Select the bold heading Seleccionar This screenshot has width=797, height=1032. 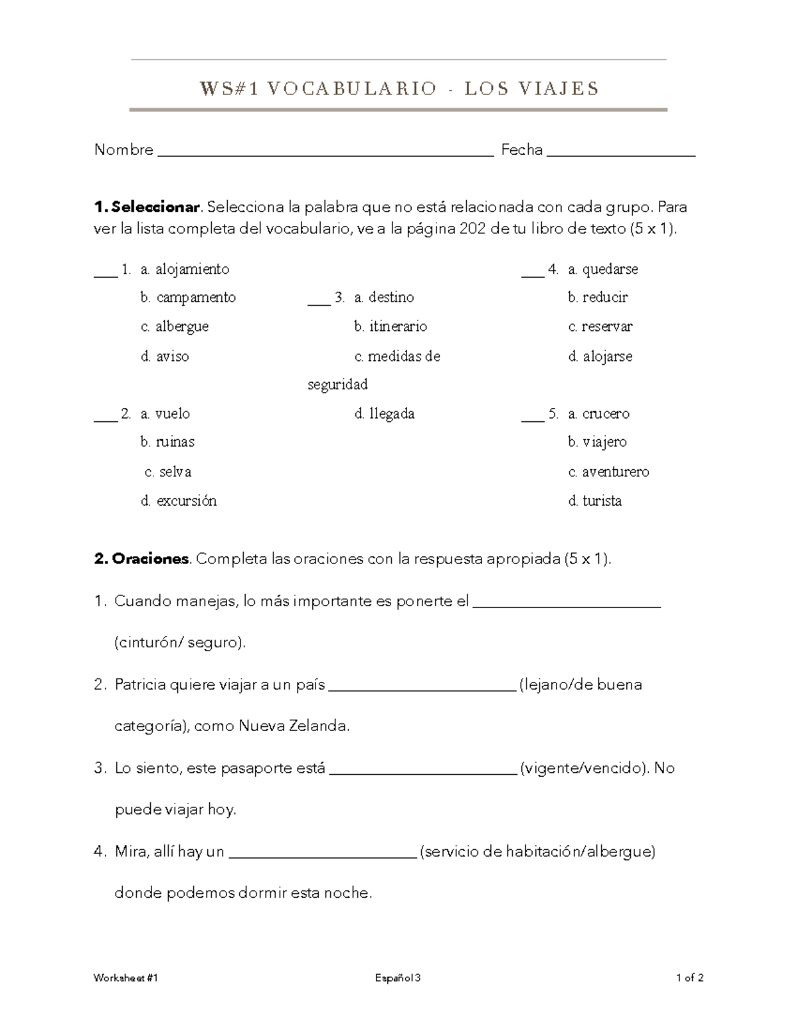(155, 207)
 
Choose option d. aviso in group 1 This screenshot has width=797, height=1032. (165, 357)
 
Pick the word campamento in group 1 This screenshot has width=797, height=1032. (196, 298)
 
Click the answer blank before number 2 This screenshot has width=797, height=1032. (106, 419)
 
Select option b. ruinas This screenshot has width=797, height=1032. (167, 442)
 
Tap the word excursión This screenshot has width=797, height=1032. (187, 501)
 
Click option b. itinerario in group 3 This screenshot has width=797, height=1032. (391, 327)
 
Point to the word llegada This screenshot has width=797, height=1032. (392, 414)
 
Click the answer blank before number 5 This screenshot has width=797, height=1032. (533, 419)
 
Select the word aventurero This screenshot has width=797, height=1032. (616, 472)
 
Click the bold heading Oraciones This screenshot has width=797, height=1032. (150, 559)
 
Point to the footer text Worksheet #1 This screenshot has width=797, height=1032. (126, 978)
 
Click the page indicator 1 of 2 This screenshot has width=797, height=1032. (689, 978)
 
